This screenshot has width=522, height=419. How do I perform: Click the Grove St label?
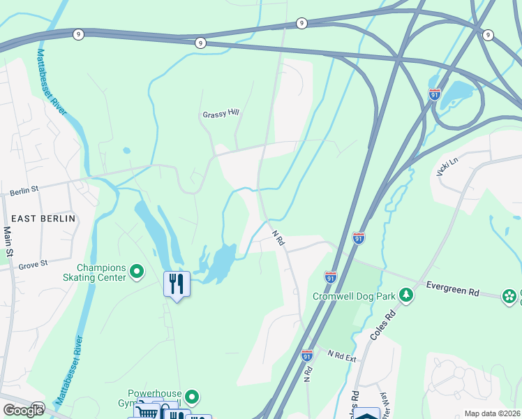pos(33,264)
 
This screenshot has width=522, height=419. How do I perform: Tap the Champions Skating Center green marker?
pos(137,270)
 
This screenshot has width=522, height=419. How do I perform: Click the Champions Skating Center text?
pos(101,272)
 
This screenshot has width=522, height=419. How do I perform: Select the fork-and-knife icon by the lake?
pos(177,284)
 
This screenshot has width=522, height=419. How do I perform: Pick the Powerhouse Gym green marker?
pos(191,397)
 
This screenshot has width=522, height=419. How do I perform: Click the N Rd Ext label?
pos(343,355)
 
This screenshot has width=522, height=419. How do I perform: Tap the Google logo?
pos(23,411)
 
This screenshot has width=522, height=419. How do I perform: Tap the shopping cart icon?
pos(147,411)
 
